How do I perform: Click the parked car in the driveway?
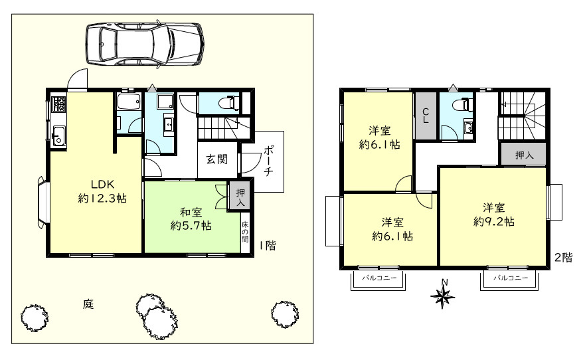(x=145, y=45)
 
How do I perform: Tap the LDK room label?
(x=102, y=184)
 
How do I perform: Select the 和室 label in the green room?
(x=191, y=213)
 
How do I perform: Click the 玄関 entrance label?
(x=216, y=159)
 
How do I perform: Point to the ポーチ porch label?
(x=268, y=161)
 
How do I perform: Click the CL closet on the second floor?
(x=425, y=116)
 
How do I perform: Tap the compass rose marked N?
(x=443, y=294)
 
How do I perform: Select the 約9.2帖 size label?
(x=494, y=221)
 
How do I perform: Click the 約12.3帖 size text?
(x=102, y=198)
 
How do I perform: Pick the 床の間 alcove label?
(x=245, y=232)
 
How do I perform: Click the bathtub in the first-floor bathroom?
(x=128, y=101)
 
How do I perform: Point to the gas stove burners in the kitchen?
(x=58, y=104)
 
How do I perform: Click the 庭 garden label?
(x=88, y=304)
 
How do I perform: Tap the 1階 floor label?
(x=268, y=246)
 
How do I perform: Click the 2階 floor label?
(x=563, y=257)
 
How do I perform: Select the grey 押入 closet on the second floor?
(x=524, y=154)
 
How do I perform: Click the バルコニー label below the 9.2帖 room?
(x=510, y=278)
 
